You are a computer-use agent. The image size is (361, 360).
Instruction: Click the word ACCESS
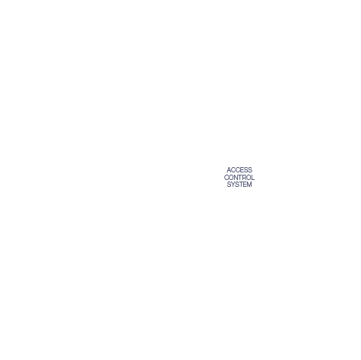click(x=239, y=169)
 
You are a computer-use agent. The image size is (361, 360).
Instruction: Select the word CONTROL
click(x=239, y=178)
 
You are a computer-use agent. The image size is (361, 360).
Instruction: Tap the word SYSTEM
click(x=239, y=185)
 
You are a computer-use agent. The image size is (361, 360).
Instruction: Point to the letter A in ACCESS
click(x=229, y=169)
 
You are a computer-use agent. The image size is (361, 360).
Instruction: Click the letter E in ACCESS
click(x=242, y=169)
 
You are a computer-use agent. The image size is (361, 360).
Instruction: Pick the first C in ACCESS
click(x=233, y=169)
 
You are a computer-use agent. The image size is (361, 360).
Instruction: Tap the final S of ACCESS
click(x=250, y=169)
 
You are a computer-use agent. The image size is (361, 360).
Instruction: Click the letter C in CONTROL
click(x=226, y=178)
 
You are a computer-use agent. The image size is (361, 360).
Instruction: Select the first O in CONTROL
click(x=231, y=178)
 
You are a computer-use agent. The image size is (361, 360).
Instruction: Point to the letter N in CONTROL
click(x=236, y=178)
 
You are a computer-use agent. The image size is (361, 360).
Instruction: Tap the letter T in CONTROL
click(x=240, y=178)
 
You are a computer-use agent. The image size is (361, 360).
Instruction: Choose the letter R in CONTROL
click(x=244, y=178)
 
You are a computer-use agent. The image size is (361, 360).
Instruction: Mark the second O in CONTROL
click(x=249, y=178)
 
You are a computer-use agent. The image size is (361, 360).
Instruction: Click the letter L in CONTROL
click(x=253, y=178)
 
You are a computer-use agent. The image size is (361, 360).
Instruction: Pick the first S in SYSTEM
click(x=229, y=185)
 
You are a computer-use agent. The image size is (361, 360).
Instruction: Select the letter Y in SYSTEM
click(x=233, y=185)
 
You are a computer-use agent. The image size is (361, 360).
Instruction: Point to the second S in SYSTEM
click(x=237, y=185)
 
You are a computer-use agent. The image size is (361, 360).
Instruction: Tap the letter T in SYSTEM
click(x=241, y=185)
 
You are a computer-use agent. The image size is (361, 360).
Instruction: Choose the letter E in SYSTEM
click(x=245, y=185)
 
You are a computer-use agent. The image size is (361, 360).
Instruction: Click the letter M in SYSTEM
click(x=249, y=185)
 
